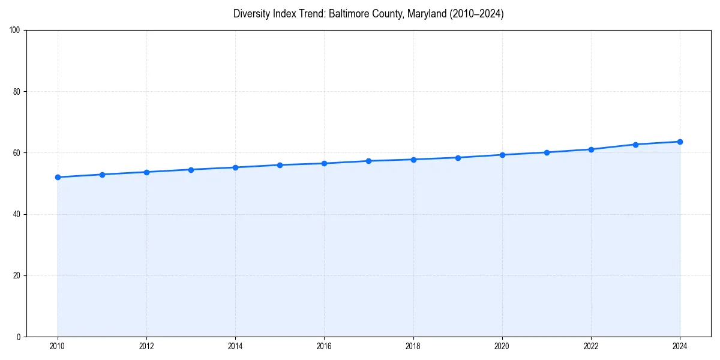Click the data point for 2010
point(58,177)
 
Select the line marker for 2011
point(102,175)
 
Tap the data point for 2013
point(191,170)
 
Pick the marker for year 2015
point(280,165)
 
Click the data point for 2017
point(368,161)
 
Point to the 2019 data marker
point(458,158)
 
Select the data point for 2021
point(547,152)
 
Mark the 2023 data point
point(635,145)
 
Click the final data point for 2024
point(680,142)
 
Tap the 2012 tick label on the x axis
point(146,346)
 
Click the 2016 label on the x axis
point(324,346)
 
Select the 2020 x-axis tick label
point(502,346)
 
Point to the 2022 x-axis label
point(591,346)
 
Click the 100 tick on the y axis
point(15,31)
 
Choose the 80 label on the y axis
point(17,92)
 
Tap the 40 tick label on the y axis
point(17,214)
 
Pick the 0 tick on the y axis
point(19,337)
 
